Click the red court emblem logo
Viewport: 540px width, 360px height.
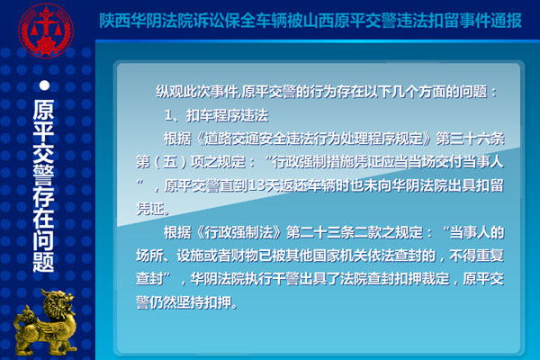46,31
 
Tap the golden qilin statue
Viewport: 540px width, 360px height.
45,322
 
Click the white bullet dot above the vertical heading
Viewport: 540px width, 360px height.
44,85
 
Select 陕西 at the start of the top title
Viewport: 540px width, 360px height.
114,21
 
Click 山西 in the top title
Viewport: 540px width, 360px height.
318,21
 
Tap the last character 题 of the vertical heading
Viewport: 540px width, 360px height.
43,262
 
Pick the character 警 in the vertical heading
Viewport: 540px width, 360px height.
43,175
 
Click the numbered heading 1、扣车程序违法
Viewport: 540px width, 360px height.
216,115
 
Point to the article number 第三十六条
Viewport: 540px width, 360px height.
471,139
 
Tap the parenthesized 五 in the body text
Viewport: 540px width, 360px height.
170,162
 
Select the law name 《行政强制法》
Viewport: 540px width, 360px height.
238,232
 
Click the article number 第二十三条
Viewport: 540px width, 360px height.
320,232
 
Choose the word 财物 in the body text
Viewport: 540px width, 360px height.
245,256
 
